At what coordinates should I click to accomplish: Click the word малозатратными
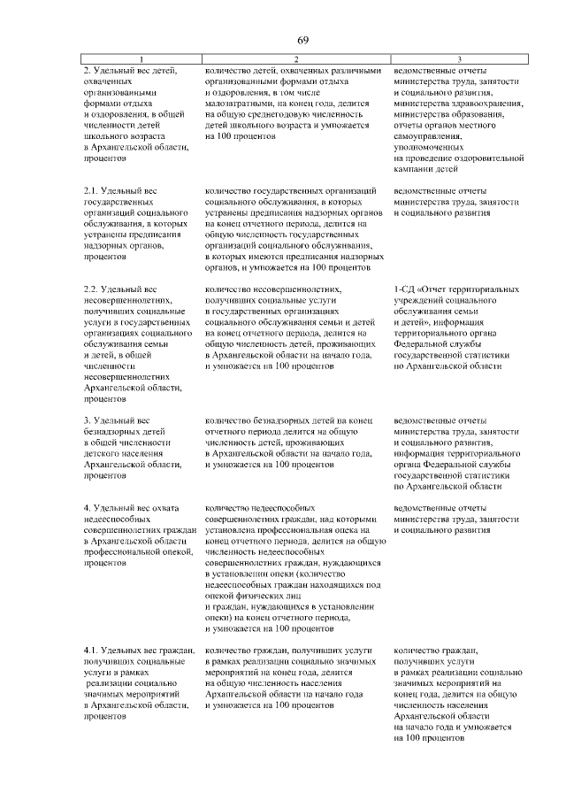238,104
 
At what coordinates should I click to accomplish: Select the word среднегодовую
282,114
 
